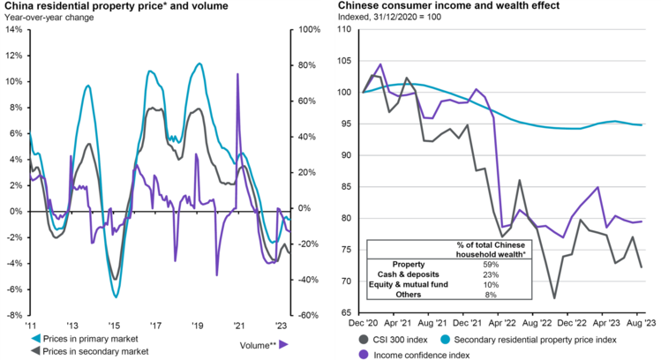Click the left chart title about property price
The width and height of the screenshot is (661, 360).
point(115,6)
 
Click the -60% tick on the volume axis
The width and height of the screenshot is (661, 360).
point(304,315)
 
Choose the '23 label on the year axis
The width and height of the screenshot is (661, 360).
point(282,323)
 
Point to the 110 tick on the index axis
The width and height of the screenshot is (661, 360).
point(345,29)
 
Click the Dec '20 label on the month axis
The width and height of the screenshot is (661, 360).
point(364,323)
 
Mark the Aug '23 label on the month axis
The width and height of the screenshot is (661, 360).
point(641,323)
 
